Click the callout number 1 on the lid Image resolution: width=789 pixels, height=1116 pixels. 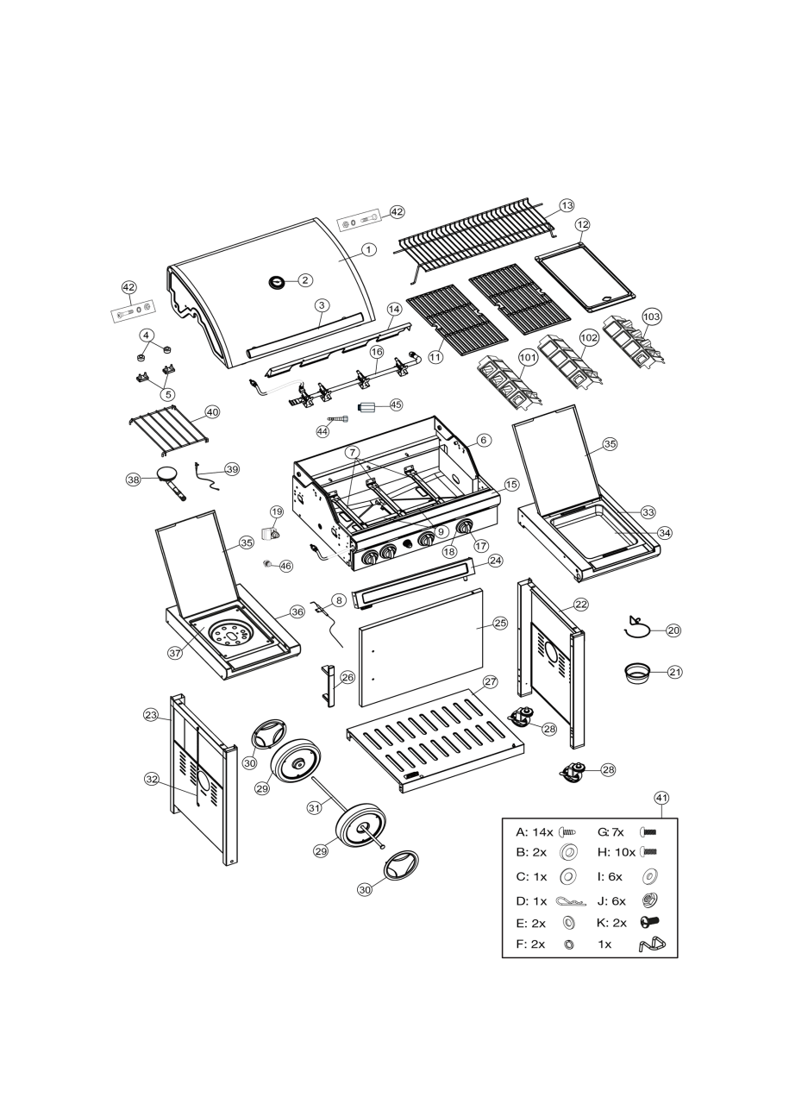[x=368, y=249]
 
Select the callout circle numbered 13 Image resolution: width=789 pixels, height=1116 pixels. [x=567, y=205]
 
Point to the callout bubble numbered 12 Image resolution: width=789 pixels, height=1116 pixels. [x=582, y=224]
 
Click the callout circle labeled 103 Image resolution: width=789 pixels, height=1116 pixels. [x=652, y=317]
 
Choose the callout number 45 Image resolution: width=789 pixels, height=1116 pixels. [x=396, y=404]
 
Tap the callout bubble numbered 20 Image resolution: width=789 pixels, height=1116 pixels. [x=673, y=630]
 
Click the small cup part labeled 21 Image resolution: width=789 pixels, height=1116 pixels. [x=638, y=672]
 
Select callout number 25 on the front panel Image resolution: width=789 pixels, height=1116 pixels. [x=500, y=622]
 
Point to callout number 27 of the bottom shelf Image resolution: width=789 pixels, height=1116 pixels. [x=490, y=681]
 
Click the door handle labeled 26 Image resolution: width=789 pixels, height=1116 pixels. [x=328, y=686]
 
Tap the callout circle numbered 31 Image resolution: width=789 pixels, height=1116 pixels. [x=315, y=808]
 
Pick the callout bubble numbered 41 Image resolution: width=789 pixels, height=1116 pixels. [x=661, y=798]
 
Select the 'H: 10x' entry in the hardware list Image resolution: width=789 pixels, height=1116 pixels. [x=616, y=852]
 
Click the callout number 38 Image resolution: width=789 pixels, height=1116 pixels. [x=133, y=480]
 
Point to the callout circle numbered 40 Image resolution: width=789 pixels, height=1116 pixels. [x=212, y=412]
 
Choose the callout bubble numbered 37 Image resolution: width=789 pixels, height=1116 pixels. [x=175, y=653]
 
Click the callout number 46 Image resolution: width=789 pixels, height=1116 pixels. [x=285, y=566]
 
